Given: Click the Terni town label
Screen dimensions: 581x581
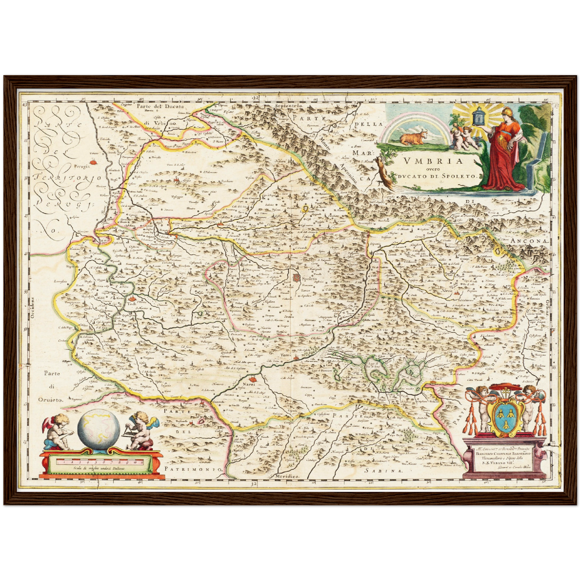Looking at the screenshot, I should [285, 355].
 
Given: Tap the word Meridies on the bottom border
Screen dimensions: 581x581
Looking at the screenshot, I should [288, 476].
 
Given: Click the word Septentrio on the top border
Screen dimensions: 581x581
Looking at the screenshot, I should [288, 105].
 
